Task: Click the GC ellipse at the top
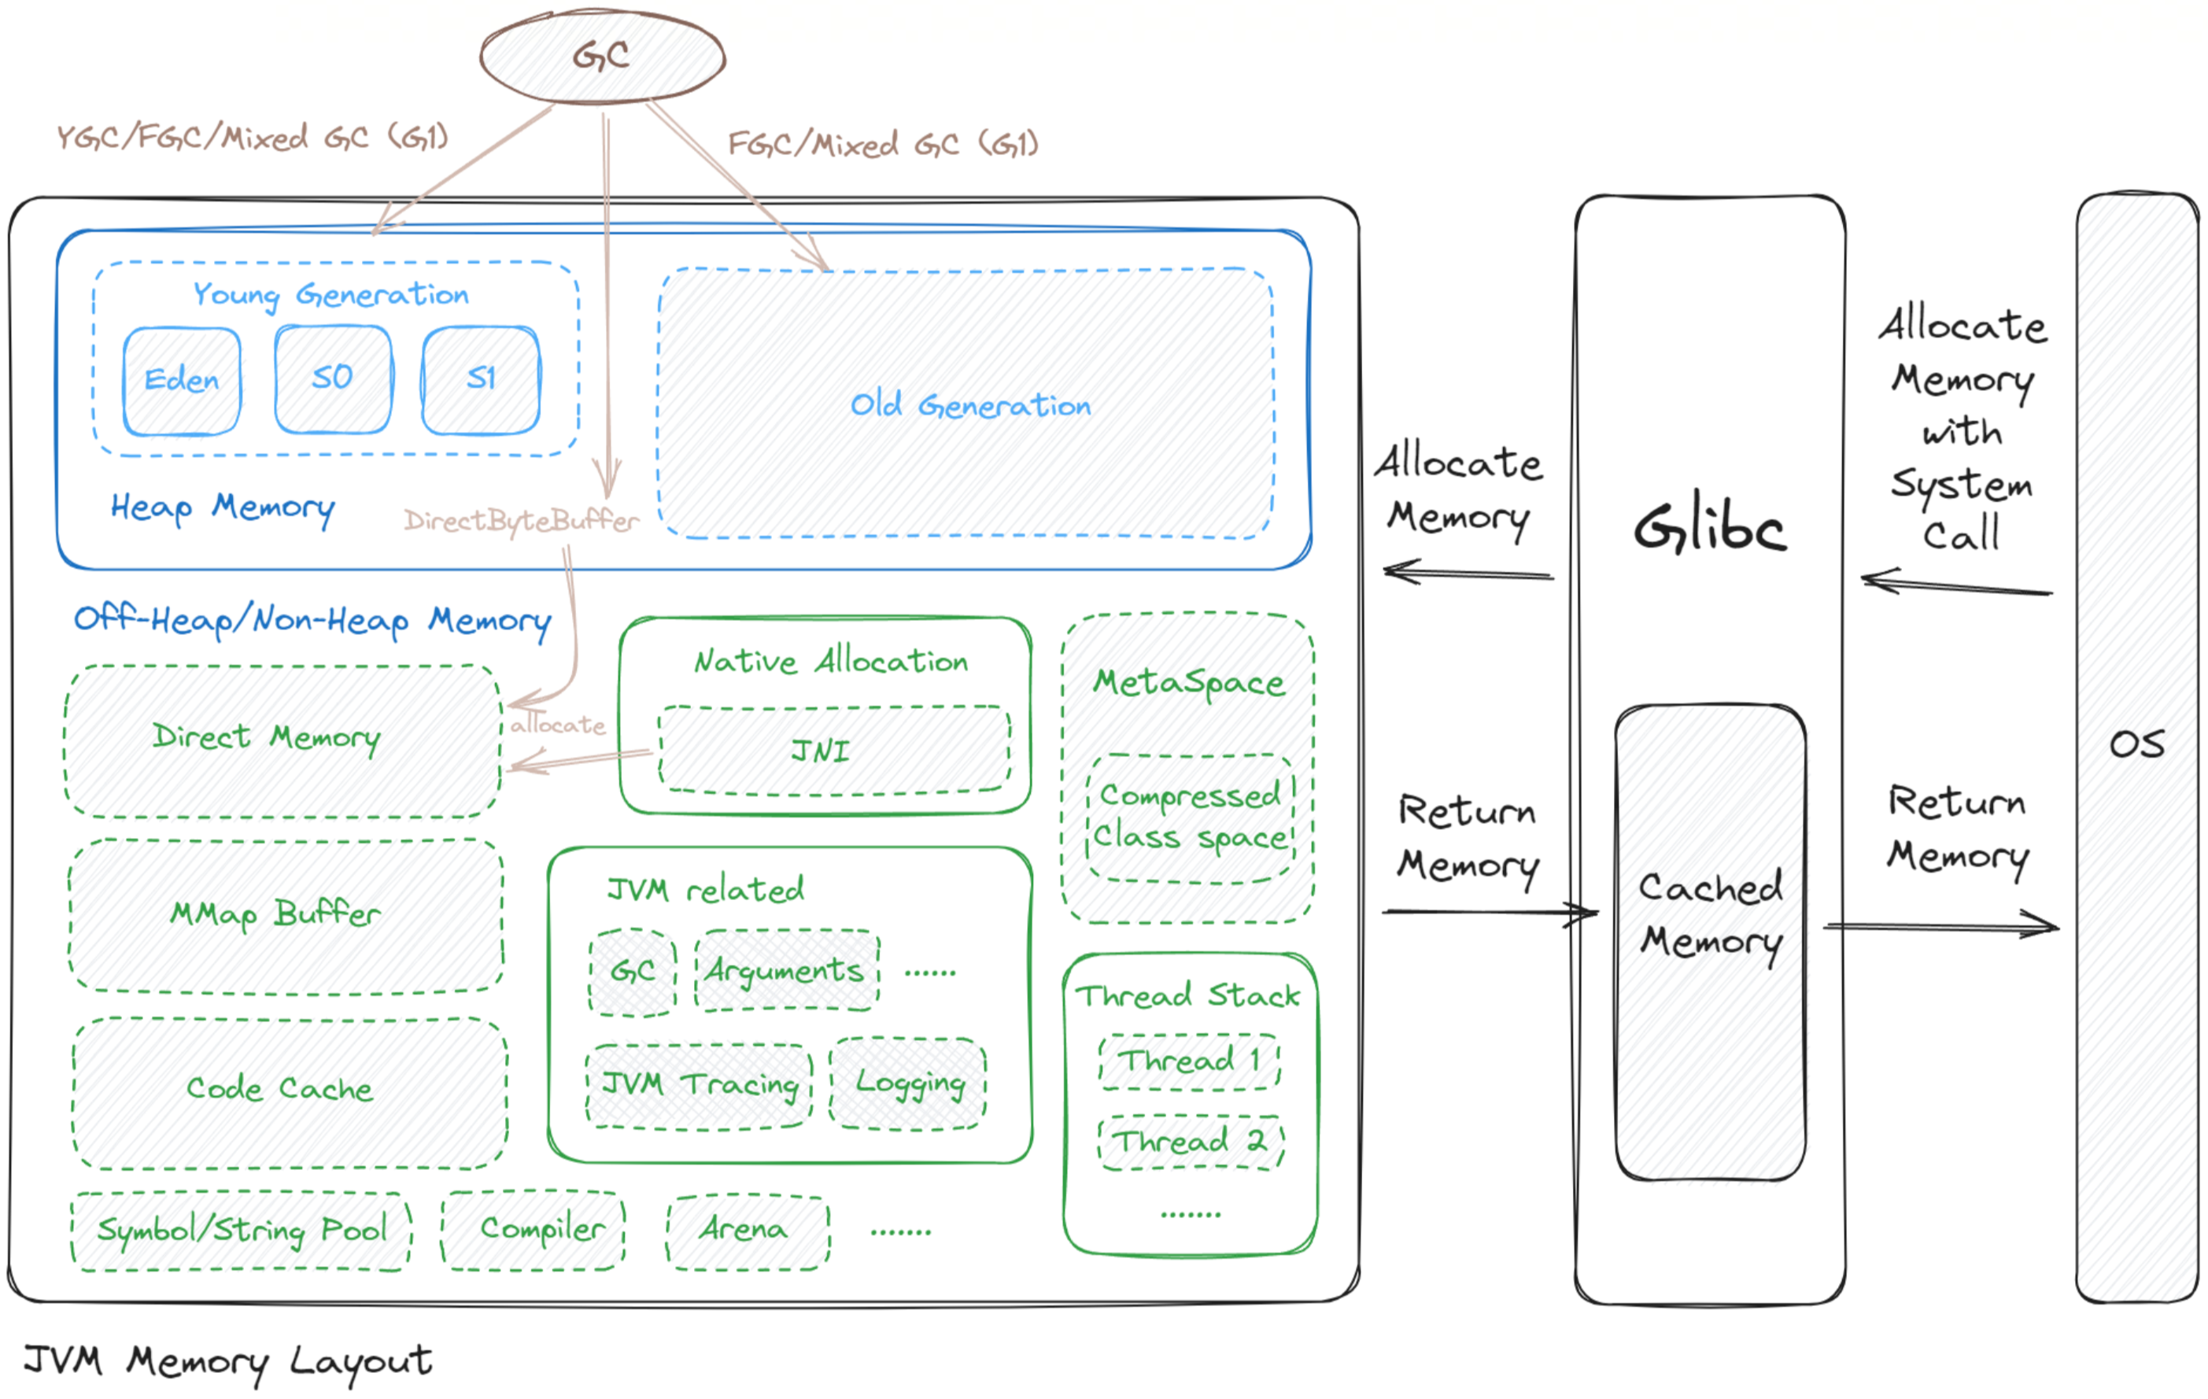603,56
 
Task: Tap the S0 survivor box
333,378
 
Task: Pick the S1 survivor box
481,378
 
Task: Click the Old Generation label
970,404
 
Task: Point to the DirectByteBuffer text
521,521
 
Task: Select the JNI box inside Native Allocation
833,751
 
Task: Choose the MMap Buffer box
285,915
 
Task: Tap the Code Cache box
289,1091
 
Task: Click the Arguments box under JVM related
786,971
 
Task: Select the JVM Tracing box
699,1086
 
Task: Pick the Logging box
908,1083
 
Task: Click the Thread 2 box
1191,1142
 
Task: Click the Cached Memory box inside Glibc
1710,943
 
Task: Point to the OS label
2136,744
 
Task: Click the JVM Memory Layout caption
227,1361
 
